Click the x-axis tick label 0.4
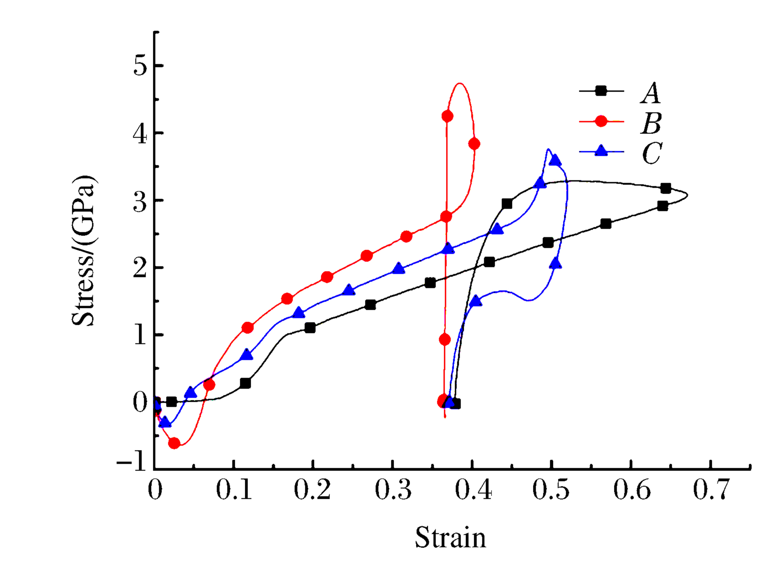point(472,490)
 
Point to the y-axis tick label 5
point(141,66)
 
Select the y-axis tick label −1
point(132,463)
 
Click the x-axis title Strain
point(450,537)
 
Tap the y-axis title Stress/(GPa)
point(84,250)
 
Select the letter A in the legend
point(651,93)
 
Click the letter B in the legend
point(651,123)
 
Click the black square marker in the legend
point(601,91)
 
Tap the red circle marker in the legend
point(601,121)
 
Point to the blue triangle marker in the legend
point(601,151)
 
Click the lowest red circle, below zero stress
point(174,443)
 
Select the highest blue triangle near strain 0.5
point(554,160)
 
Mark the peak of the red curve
point(460,83)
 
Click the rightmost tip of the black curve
point(687,195)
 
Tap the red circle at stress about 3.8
point(474,144)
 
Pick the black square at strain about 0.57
point(605,224)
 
